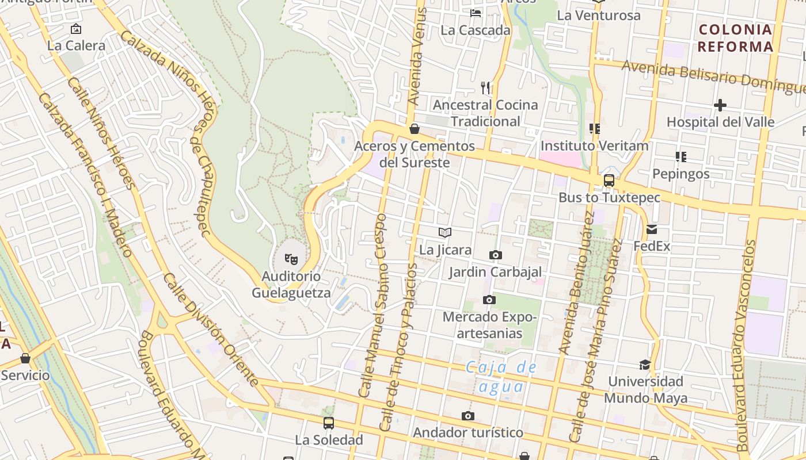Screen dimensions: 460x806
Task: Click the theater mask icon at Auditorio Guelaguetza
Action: coord(291,260)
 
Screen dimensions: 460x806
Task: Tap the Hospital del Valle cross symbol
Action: coord(720,105)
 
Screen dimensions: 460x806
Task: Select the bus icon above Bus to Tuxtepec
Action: coord(609,181)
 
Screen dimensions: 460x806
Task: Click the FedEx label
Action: coord(652,247)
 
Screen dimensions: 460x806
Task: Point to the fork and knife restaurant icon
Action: coord(485,87)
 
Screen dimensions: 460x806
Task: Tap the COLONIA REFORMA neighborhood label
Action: coord(735,38)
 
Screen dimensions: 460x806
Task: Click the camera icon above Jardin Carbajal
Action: coord(495,255)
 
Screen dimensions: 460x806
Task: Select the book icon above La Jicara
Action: coord(444,232)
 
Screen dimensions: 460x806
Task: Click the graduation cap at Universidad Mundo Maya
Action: coord(645,365)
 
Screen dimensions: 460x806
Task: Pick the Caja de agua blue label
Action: coord(501,377)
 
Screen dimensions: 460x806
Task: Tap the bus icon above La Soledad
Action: coord(328,423)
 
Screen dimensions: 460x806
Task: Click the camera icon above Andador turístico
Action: coord(468,416)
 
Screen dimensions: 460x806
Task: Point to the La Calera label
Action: coord(76,45)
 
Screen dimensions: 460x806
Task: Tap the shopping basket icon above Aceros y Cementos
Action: coord(414,129)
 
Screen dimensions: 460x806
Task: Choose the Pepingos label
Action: coord(680,174)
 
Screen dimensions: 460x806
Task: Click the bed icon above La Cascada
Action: coord(476,13)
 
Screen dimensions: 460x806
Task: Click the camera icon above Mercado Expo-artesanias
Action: coord(489,300)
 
